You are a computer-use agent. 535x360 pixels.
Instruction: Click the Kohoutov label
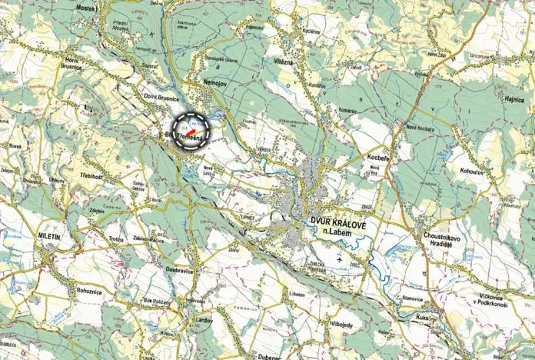[x=471, y=172]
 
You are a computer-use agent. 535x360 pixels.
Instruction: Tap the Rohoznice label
[x=84, y=291]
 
